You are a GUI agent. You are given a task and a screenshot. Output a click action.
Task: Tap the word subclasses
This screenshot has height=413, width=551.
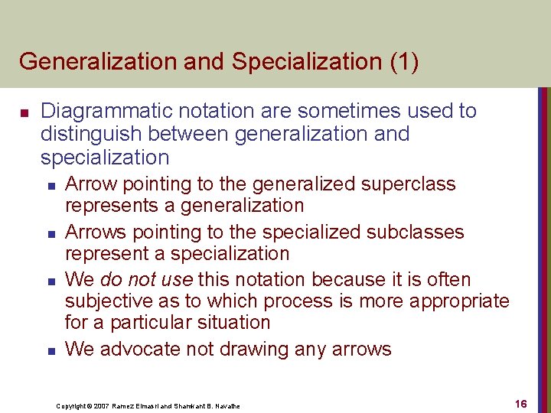pos(416,232)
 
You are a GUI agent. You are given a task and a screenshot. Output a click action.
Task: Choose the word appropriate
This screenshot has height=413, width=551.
pos(459,301)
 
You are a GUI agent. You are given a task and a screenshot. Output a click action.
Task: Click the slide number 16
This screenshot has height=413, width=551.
pos(520,404)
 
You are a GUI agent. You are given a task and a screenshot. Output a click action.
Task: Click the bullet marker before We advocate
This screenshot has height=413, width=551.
pos(51,351)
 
